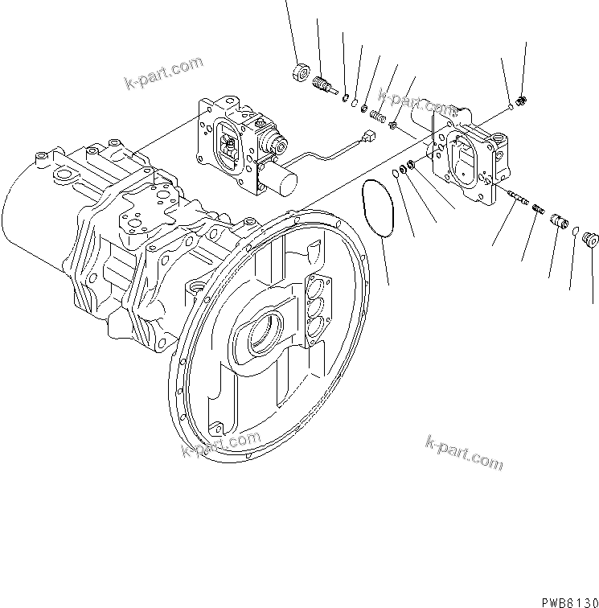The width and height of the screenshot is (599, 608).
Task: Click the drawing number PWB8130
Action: click(564, 600)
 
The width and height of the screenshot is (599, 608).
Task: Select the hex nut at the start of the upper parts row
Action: click(300, 71)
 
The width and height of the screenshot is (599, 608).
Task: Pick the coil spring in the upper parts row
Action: click(374, 116)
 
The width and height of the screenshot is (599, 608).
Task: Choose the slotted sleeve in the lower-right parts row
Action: click(557, 220)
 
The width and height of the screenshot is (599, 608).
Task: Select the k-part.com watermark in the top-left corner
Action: click(164, 72)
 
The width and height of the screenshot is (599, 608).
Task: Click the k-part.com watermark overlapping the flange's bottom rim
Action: click(221, 444)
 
